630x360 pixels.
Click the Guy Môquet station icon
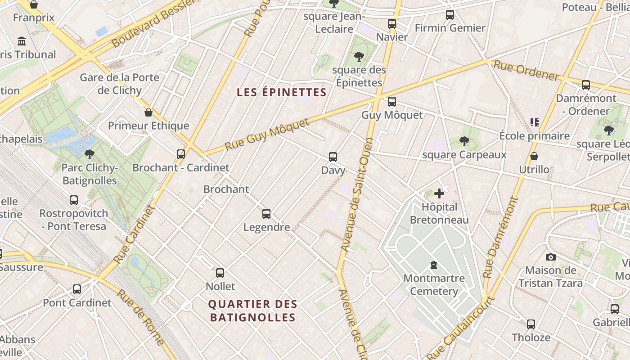coord(392,102)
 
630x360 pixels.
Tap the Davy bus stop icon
coord(333,157)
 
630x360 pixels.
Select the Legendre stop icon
coord(266,214)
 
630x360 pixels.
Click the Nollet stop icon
coord(220,273)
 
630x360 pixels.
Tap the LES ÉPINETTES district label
coord(282,92)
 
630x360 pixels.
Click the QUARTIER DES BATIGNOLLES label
coord(252,310)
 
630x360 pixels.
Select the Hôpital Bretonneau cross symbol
coord(439,194)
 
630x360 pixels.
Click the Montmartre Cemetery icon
coord(434,265)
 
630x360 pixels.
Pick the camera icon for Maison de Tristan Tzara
coord(550,257)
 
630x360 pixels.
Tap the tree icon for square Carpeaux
coord(464,142)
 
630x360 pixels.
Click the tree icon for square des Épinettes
coord(359,57)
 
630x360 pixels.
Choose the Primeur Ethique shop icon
coord(148,112)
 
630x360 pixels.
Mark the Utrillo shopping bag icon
coord(534,156)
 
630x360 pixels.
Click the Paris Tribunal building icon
coord(22,41)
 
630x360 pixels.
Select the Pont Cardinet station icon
coord(77,289)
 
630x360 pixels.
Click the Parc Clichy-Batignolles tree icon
coord(90,154)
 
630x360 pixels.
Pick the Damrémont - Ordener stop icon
coord(586,85)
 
